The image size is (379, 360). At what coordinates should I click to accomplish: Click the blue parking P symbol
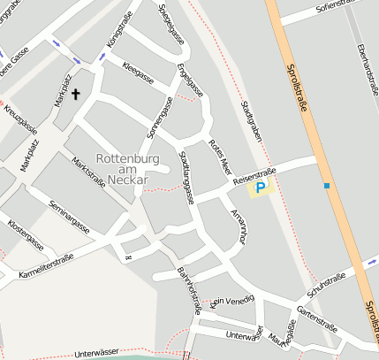(x=260, y=188)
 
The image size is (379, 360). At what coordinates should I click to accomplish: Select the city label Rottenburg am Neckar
(x=125, y=167)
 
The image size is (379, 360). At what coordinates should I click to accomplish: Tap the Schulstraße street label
(x=326, y=281)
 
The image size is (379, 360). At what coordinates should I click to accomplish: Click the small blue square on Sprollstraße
(x=327, y=186)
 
